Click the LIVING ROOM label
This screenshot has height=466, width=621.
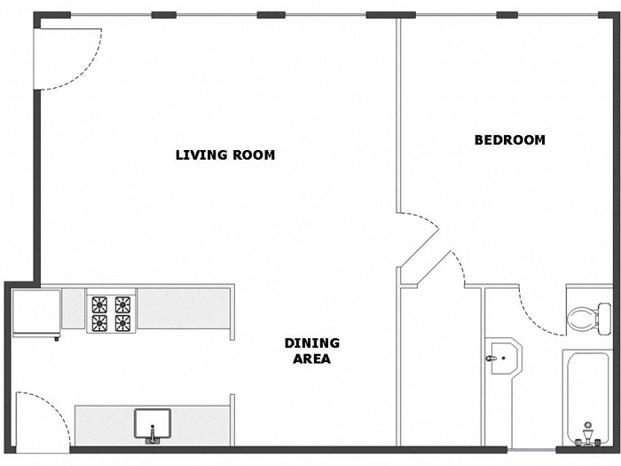225,154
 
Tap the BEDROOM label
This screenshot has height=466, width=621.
509,139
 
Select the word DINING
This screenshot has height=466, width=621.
311,343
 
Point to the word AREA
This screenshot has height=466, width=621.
312,359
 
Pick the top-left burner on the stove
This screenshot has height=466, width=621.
99,304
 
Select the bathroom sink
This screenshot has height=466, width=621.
501,358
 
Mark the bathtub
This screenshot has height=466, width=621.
586,395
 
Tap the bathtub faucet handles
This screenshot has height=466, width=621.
586,436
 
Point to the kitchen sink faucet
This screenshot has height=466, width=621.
153,434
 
